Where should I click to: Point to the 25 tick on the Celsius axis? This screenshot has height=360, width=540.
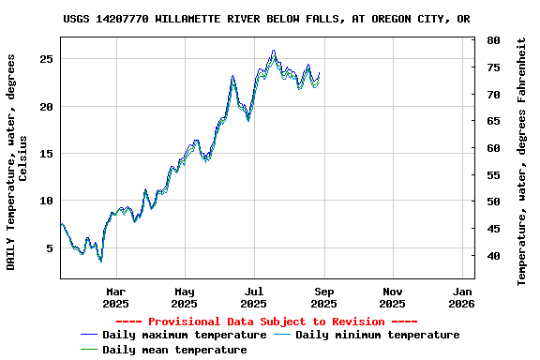46,59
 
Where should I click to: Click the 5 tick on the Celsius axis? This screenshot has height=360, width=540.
50,248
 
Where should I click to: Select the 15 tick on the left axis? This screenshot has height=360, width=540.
46,154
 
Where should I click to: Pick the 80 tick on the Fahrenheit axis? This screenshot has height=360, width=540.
493,41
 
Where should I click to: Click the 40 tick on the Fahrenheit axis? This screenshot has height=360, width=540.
493,256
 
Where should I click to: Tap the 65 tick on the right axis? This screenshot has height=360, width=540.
493,122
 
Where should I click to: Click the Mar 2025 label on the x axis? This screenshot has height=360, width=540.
115,297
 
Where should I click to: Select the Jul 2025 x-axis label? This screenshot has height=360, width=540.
254,297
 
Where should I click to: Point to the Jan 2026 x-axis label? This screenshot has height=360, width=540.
462,297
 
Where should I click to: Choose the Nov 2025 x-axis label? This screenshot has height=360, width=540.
393,297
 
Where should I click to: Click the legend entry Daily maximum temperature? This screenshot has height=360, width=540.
184,335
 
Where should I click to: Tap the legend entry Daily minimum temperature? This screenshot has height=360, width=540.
377,335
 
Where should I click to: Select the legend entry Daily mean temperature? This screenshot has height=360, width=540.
174,350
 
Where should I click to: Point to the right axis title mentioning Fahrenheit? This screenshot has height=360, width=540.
522,161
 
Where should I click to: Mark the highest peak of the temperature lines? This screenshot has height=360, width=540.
274,52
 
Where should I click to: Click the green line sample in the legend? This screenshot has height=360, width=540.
89,350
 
